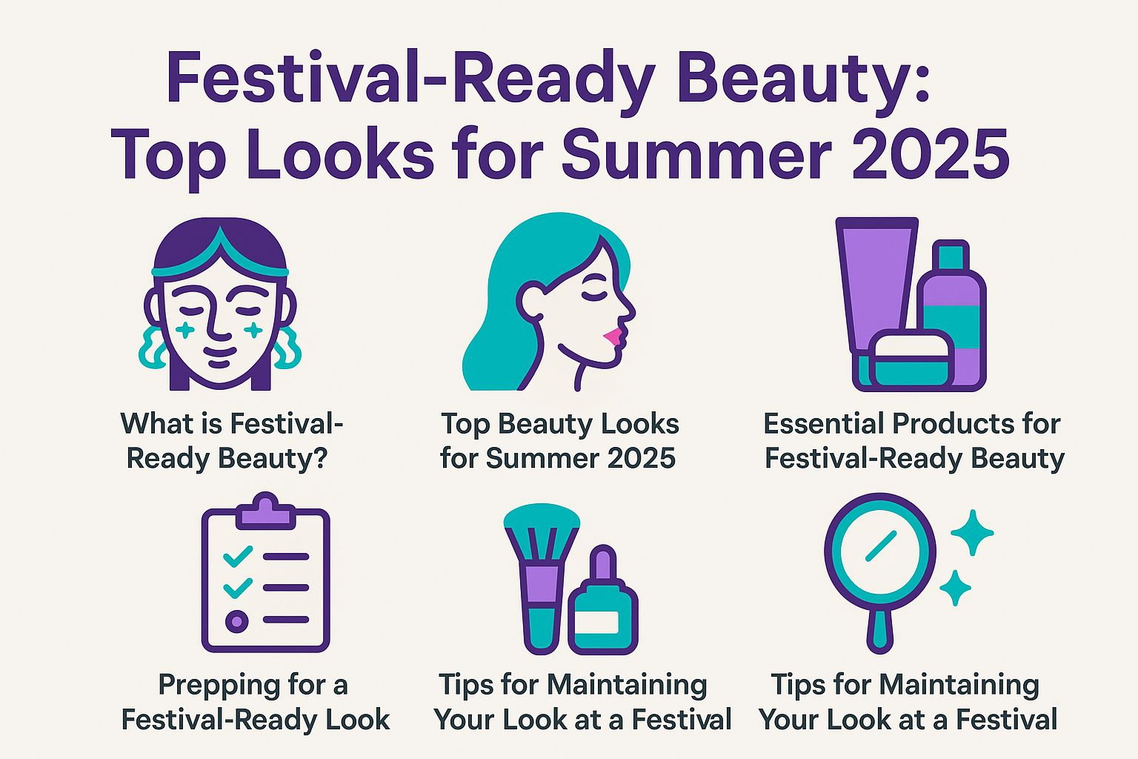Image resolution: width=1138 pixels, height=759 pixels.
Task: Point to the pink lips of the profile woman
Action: tap(612, 338)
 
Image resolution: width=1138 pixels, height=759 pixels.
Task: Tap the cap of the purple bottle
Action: tap(951, 256)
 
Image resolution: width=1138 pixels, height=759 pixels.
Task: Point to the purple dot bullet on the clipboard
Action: tap(236, 620)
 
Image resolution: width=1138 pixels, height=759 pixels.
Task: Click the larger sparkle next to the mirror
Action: tap(971, 533)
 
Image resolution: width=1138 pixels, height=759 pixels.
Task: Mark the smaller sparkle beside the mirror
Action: tap(955, 588)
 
